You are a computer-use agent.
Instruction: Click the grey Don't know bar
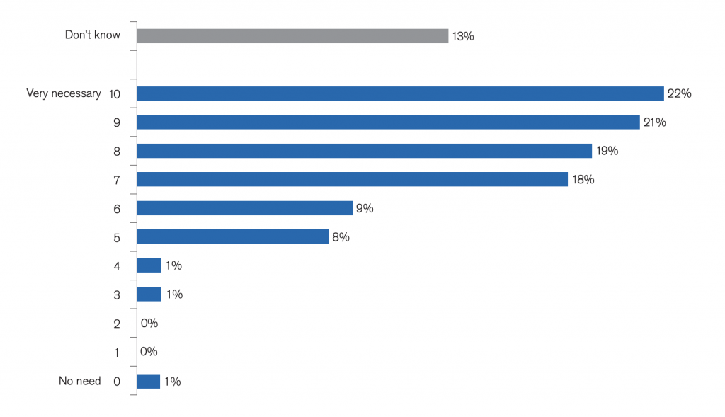(x=292, y=36)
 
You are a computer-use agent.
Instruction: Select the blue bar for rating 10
(x=401, y=93)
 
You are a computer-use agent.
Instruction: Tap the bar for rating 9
(x=389, y=122)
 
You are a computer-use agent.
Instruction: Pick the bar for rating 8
(x=365, y=151)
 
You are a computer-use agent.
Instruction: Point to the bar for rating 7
(x=353, y=179)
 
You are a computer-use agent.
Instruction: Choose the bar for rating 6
(x=244, y=208)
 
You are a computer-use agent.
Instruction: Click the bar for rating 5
(x=232, y=236)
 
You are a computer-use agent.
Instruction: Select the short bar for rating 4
(x=149, y=265)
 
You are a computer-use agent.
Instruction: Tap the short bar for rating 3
(x=149, y=294)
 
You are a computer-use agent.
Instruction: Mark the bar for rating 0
(x=149, y=382)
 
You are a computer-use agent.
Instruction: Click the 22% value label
(x=679, y=93)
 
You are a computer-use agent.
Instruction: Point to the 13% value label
(x=463, y=37)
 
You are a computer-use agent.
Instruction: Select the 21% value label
(x=655, y=122)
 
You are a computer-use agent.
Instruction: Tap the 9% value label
(x=365, y=208)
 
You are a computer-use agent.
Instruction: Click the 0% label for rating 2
(x=149, y=323)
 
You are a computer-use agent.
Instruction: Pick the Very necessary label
(x=64, y=94)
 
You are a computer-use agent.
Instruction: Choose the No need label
(x=79, y=381)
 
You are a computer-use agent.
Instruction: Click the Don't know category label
(x=93, y=35)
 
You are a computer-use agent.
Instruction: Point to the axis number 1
(x=117, y=353)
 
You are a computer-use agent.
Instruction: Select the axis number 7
(x=117, y=181)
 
